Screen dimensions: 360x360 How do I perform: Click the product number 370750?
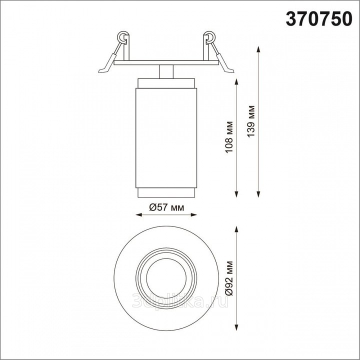319,19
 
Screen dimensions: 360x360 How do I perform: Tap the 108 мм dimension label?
229,137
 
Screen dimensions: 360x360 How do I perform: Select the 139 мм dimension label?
250,121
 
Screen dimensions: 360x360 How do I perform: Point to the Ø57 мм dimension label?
166,207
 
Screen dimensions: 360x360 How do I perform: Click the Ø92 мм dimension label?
229,278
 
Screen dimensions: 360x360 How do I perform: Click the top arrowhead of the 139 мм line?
258,49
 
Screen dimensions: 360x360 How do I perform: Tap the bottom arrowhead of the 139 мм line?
258,194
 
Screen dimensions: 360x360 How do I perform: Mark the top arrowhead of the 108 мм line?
236,81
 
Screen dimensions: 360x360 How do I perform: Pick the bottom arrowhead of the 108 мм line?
236,194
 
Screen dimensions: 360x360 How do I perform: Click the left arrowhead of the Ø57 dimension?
139,215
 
